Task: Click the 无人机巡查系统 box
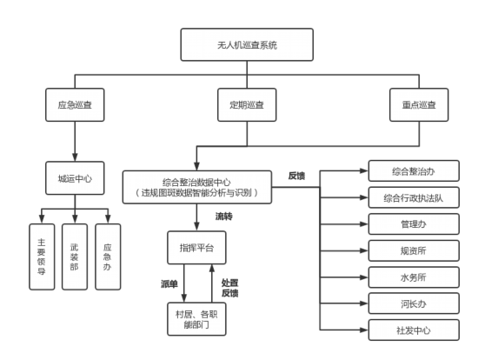247,45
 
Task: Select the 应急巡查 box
75,105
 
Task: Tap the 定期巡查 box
247,105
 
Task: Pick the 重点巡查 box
419,105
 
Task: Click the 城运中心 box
75,178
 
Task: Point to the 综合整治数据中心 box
197,187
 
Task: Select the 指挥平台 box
196,248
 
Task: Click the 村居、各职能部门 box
196,319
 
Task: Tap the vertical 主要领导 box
42,257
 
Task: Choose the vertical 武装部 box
75,257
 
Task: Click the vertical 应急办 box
108,257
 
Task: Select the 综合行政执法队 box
414,197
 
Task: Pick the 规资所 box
414,250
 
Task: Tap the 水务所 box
414,277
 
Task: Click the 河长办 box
414,303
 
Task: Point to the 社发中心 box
414,330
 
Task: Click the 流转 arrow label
224,217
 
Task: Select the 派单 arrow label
169,284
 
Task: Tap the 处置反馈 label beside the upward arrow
229,288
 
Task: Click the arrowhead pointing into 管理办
364,224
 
